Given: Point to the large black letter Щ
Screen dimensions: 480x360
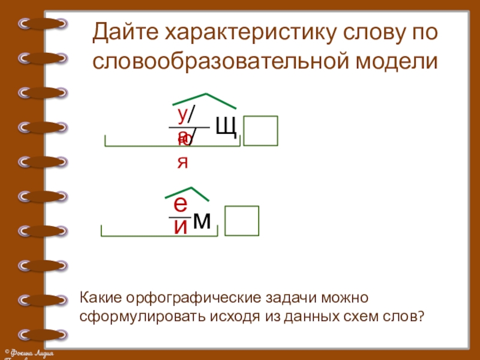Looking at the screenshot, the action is click(226, 127).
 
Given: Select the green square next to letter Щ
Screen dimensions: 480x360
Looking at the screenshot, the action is click(260, 131).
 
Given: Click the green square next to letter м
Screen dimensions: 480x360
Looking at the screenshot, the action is click(241, 220).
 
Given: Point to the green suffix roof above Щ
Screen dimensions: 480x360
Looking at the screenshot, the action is click(205, 99).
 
